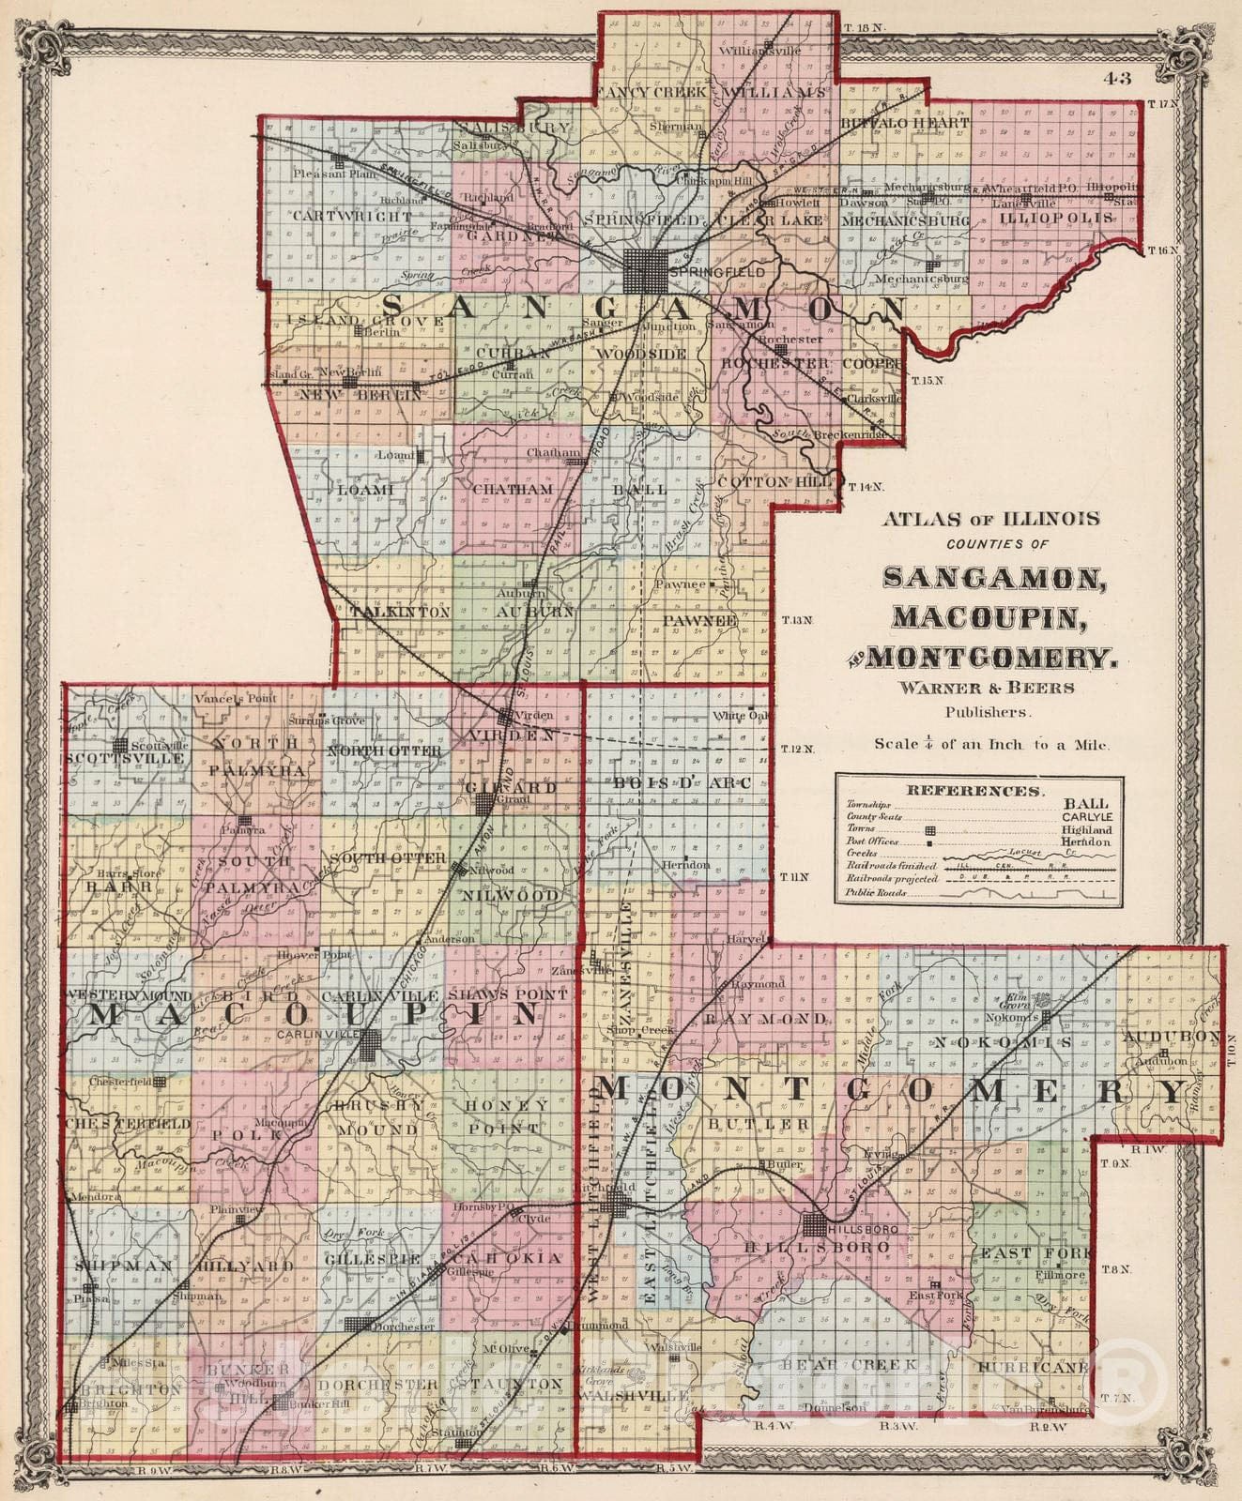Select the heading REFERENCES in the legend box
(975, 791)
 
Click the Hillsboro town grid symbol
(816, 1226)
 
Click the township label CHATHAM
(513, 490)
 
